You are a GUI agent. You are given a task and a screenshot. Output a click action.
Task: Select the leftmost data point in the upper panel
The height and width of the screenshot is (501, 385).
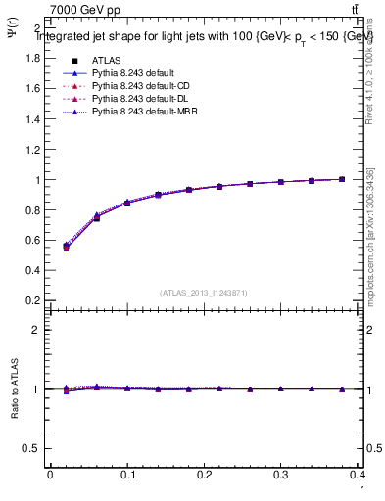point(66,247)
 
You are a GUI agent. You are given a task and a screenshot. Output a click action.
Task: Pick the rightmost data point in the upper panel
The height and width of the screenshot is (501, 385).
point(341,179)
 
